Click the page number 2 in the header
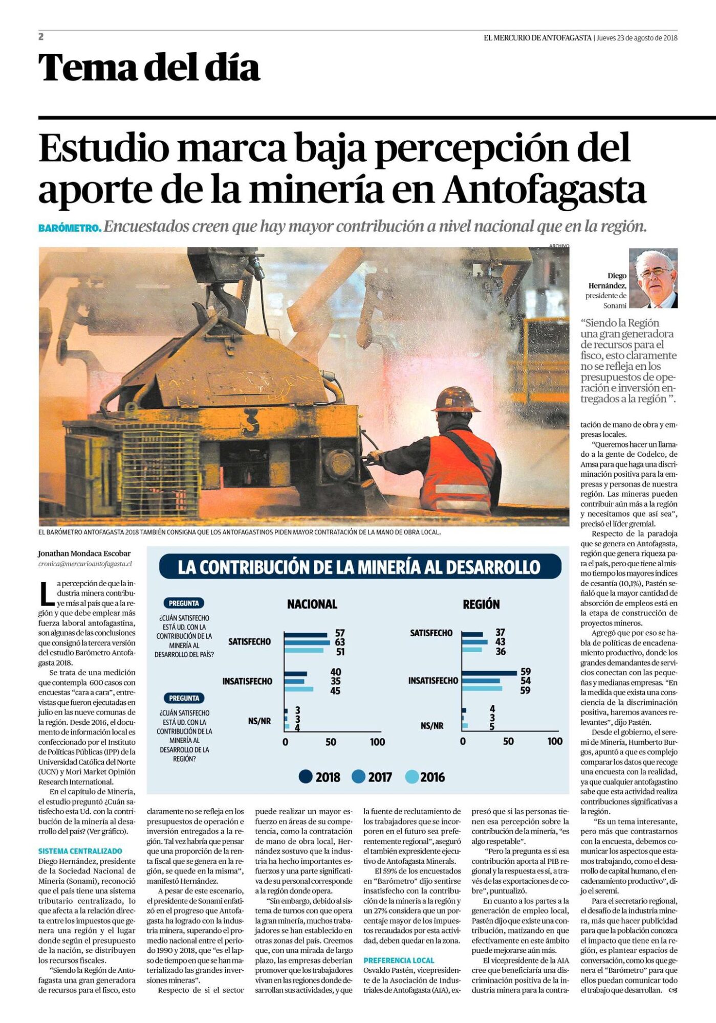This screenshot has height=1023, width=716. click(x=41, y=36)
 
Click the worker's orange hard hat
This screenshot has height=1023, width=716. click(x=455, y=399)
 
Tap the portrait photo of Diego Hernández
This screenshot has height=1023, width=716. click(x=653, y=278)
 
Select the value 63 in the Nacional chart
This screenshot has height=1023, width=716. click(x=340, y=642)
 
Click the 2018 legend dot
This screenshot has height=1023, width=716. click(x=306, y=777)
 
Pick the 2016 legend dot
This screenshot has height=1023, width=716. click(x=411, y=777)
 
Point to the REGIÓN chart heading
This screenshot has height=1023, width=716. click(x=481, y=605)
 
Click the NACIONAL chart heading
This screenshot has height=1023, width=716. click(x=312, y=605)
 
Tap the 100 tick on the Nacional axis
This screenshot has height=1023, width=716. click(x=377, y=742)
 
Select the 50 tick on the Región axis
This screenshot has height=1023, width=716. click(x=508, y=741)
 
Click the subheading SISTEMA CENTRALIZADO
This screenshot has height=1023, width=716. click(x=80, y=851)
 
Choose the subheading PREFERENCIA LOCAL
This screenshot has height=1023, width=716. click(x=399, y=961)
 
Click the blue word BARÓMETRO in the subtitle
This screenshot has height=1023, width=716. click(x=70, y=228)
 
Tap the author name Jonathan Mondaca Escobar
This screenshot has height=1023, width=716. click(x=84, y=553)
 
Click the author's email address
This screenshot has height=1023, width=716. click(x=85, y=564)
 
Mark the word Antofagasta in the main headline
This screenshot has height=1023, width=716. click(x=545, y=190)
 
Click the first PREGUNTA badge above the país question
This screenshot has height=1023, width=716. click(x=184, y=603)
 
